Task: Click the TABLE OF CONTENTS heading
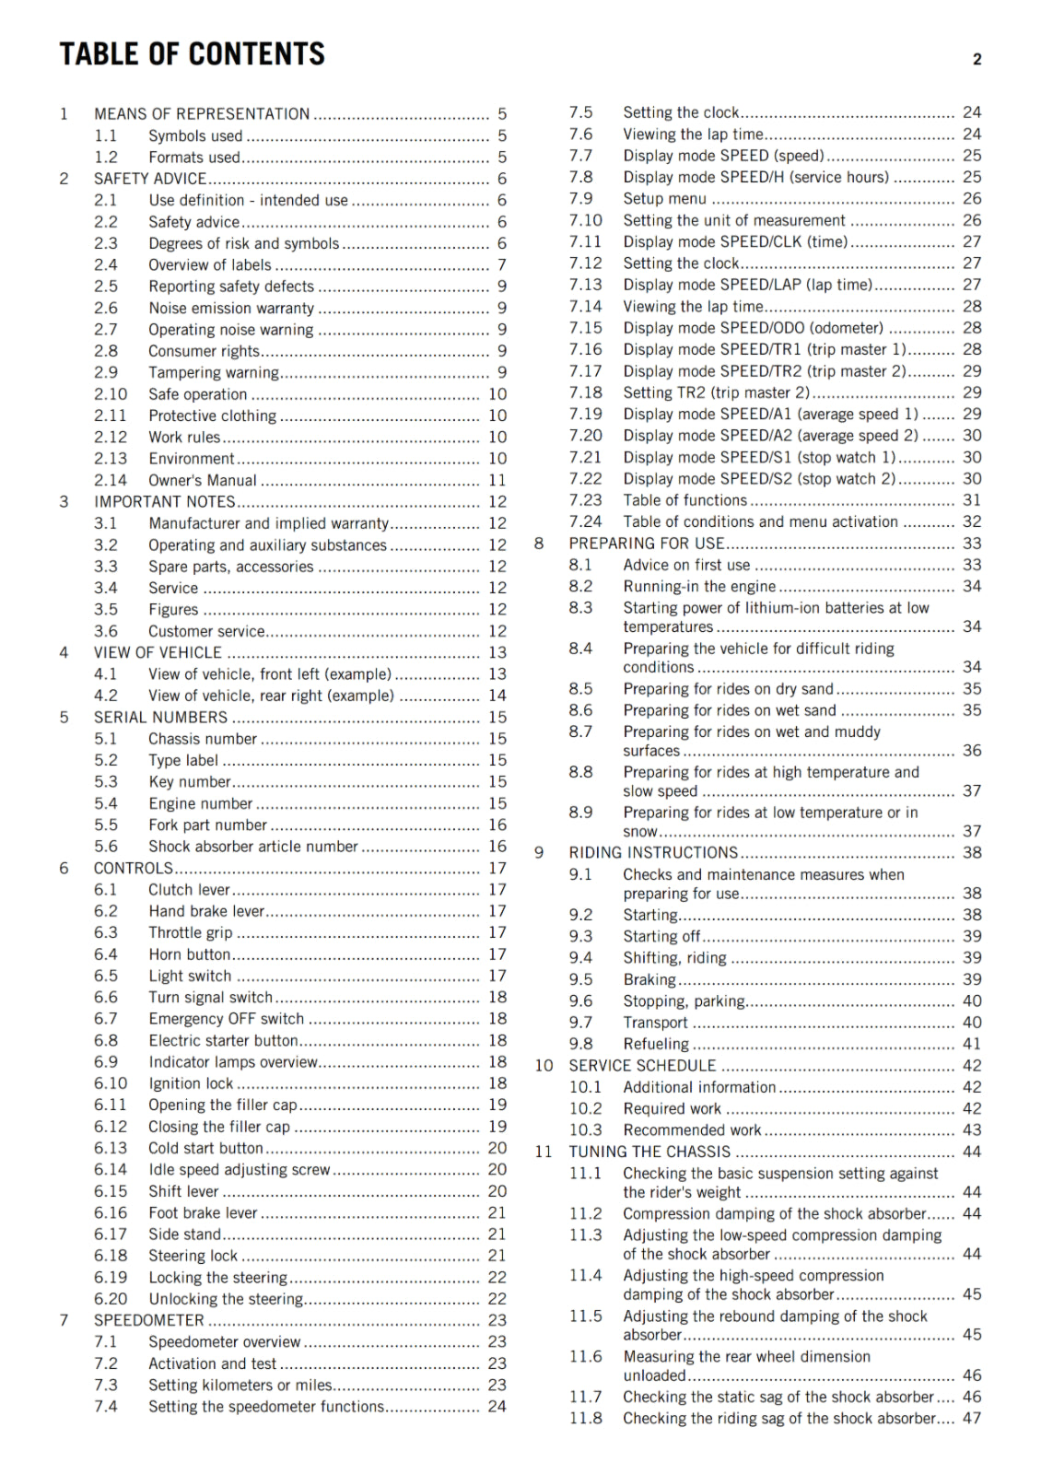coord(193,54)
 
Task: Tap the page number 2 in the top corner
coord(977,60)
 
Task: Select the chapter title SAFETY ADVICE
coord(150,179)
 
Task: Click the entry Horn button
coord(190,954)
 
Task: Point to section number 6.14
coord(111,1170)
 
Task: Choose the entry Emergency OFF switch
coord(227,1019)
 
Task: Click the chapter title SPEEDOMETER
coord(149,1320)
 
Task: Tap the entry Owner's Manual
coord(203,480)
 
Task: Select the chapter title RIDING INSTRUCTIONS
coord(653,853)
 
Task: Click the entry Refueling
coord(656,1044)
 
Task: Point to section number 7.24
coord(585,521)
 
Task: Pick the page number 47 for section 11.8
coord(972,1419)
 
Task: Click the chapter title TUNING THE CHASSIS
coord(649,1152)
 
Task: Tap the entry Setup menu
coord(665,199)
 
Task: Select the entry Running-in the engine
coord(699,587)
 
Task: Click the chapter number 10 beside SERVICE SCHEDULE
coord(544,1066)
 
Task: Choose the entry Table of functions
coord(685,500)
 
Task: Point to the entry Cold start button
coord(206,1148)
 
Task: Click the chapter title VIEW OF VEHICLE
coord(158,652)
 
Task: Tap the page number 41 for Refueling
coord(972,1044)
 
